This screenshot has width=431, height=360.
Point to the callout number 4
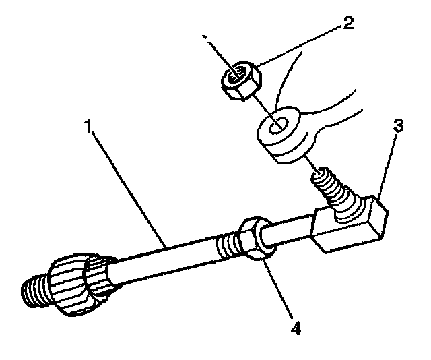[x=294, y=331]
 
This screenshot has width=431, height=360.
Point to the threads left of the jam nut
[x=228, y=243]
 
